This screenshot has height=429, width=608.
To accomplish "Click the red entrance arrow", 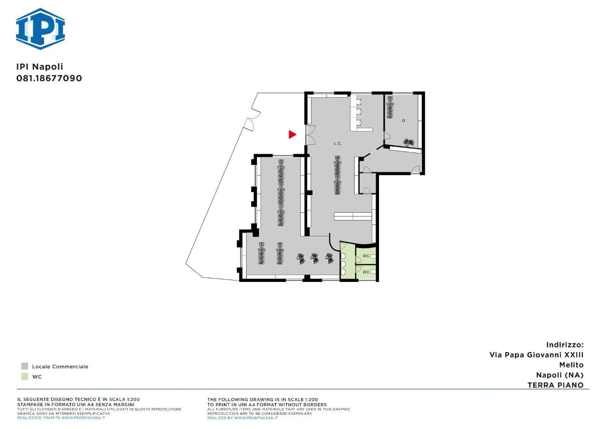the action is click(x=292, y=134).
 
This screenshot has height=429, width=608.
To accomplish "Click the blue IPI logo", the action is click(x=40, y=29).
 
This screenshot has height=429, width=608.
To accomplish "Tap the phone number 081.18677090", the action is click(x=49, y=78).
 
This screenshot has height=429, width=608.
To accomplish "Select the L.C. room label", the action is click(x=338, y=143).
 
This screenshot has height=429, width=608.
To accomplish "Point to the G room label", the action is click(x=404, y=121).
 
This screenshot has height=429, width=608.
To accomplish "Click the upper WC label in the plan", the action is click(x=366, y=256).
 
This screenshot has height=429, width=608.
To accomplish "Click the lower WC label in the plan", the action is click(x=366, y=272).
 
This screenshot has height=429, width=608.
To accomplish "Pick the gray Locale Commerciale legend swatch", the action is click(x=25, y=366).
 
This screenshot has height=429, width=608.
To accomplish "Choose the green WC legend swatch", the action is click(x=25, y=376).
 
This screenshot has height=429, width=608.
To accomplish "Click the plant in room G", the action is click(x=408, y=142).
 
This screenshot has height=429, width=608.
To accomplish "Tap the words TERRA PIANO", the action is click(x=555, y=385).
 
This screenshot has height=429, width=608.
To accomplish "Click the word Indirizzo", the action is click(x=565, y=345).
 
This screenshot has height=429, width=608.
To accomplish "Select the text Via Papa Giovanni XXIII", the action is click(x=536, y=354).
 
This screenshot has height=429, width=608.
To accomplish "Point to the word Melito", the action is click(x=571, y=365).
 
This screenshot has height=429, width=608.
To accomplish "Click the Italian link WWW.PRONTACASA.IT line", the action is click(x=61, y=418).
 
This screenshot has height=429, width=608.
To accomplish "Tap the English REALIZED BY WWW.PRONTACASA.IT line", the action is click(x=242, y=418).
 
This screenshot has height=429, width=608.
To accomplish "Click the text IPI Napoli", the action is click(x=39, y=67).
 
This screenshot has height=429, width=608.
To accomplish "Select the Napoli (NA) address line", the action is click(x=560, y=375).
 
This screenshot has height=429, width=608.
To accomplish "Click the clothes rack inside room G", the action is click(x=390, y=107).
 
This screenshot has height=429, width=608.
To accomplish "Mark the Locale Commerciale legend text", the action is click(x=60, y=367).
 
